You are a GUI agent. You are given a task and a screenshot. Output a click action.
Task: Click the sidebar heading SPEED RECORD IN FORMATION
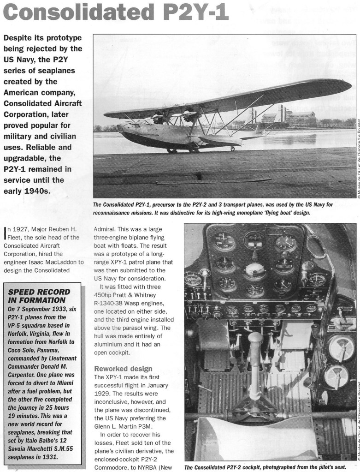point(40,296)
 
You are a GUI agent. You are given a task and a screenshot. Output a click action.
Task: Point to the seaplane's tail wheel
point(233,149)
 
